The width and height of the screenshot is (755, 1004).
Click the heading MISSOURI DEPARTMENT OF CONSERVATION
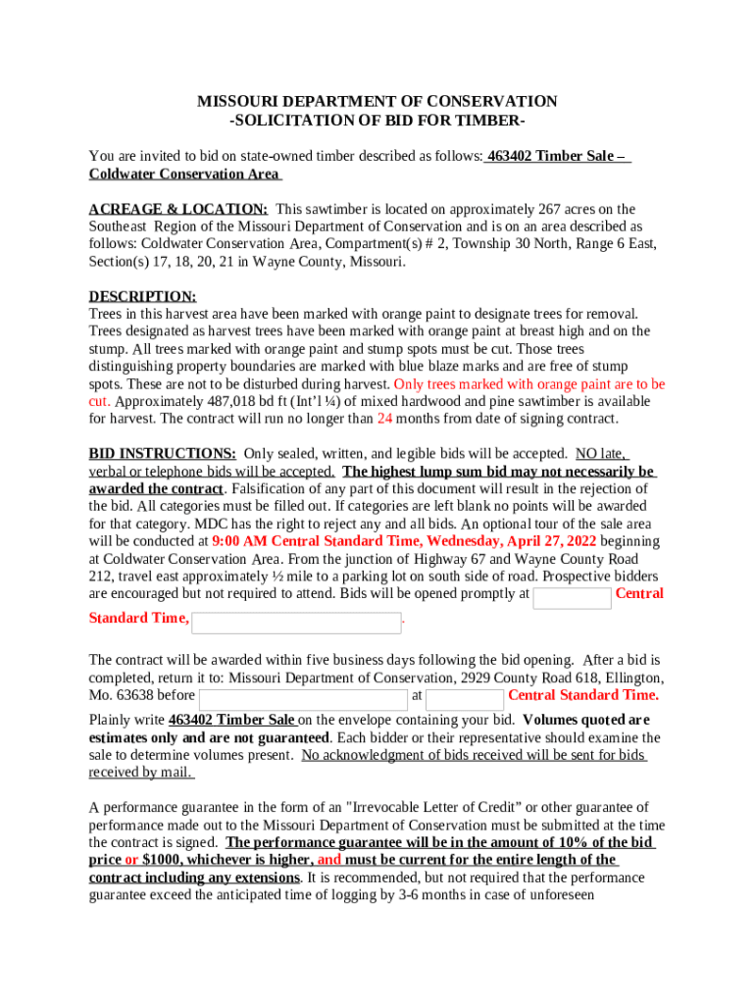click(x=377, y=102)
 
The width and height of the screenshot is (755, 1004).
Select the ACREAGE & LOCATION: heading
click(x=178, y=209)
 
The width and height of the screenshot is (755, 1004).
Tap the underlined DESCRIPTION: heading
click(x=142, y=296)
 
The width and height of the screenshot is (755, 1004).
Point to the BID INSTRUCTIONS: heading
click(x=162, y=454)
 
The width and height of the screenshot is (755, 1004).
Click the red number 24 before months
click(x=384, y=419)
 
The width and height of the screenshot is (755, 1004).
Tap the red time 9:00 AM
click(x=238, y=541)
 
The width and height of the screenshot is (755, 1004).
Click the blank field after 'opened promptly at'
click(x=572, y=598)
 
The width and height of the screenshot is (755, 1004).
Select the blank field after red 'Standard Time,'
click(x=296, y=623)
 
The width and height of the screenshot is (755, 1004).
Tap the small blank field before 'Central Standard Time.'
click(x=465, y=699)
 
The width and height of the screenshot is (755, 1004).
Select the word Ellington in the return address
click(x=634, y=678)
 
